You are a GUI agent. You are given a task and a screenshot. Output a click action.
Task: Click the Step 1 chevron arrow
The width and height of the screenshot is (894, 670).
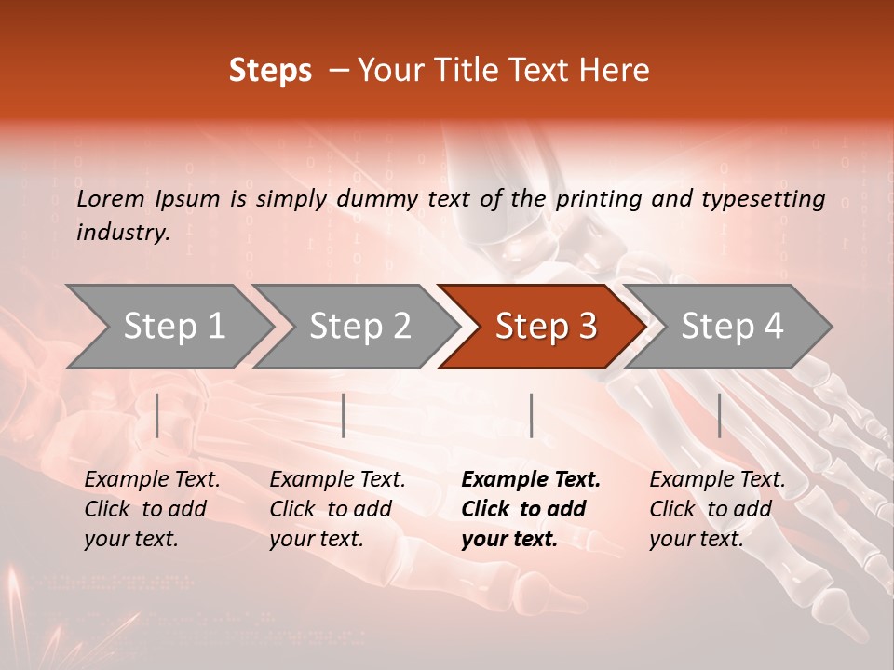pyautogui.click(x=173, y=327)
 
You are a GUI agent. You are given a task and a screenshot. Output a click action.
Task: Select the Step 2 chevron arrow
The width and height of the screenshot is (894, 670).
pyautogui.click(x=359, y=327)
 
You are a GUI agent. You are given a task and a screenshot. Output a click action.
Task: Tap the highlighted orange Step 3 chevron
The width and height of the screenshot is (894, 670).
pyautogui.click(x=545, y=327)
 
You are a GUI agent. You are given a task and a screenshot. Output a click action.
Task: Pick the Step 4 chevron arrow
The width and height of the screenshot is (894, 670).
pyautogui.click(x=731, y=327)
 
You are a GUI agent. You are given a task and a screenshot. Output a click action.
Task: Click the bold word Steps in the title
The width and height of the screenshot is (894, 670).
pyautogui.click(x=270, y=71)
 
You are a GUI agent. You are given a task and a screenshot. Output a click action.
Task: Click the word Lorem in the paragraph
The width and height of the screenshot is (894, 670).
pyautogui.click(x=111, y=198)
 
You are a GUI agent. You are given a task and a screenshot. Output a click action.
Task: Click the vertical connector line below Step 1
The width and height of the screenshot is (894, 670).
pyautogui.click(x=157, y=415)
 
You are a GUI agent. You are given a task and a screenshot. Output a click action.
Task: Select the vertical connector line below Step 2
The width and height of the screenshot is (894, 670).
pyautogui.click(x=344, y=415)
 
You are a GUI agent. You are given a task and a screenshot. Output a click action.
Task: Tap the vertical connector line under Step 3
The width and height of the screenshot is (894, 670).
pyautogui.click(x=531, y=415)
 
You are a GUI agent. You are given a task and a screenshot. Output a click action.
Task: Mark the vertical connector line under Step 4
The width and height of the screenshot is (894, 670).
pyautogui.click(x=719, y=415)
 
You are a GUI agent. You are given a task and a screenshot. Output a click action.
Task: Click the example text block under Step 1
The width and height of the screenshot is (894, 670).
pyautogui.click(x=152, y=509)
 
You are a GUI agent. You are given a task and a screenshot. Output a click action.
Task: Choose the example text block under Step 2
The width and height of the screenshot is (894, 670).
pyautogui.click(x=337, y=509)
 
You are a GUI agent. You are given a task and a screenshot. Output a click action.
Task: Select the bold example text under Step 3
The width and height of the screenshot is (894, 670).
pyautogui.click(x=531, y=509)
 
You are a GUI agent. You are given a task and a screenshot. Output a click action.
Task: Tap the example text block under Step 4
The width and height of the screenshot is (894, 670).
pyautogui.click(x=717, y=509)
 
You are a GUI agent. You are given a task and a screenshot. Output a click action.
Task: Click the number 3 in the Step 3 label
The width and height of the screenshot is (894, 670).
pyautogui.click(x=587, y=327)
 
